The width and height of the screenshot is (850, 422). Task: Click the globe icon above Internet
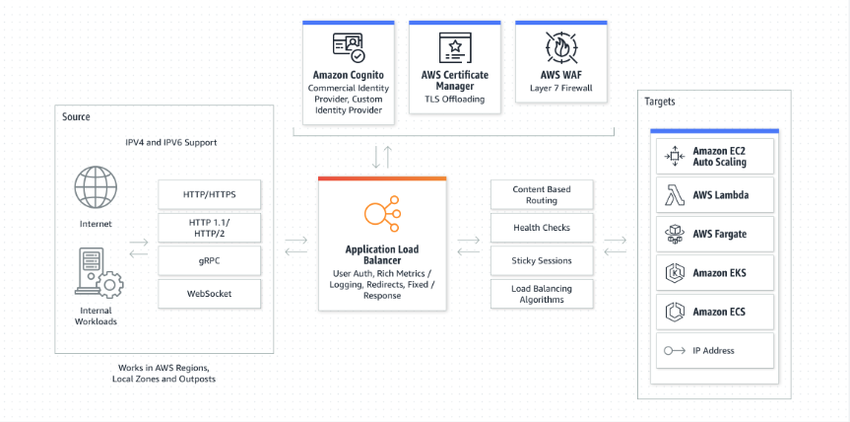(x=96, y=187)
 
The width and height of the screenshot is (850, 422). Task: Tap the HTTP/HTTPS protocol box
(x=209, y=194)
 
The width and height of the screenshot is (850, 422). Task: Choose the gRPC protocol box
(x=209, y=261)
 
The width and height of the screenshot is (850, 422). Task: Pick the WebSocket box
(x=209, y=294)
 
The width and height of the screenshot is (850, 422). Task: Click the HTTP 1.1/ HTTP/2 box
(x=209, y=228)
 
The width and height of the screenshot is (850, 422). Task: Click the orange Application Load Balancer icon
(x=382, y=213)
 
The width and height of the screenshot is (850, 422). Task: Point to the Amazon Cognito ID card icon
(x=349, y=48)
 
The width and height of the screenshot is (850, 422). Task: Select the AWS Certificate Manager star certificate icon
(x=455, y=48)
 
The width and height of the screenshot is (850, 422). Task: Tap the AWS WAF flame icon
(x=561, y=47)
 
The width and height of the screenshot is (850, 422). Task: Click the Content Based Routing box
(x=542, y=194)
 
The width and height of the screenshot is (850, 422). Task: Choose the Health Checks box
(x=542, y=228)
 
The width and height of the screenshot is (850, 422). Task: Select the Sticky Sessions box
(x=542, y=261)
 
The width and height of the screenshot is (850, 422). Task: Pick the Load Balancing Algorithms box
(x=542, y=294)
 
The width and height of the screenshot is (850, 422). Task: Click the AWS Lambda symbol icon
(x=675, y=194)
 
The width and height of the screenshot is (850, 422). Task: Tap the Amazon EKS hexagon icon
(x=675, y=273)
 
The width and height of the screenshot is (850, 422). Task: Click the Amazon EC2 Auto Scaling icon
(x=675, y=156)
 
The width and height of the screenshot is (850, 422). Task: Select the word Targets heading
(x=660, y=102)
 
